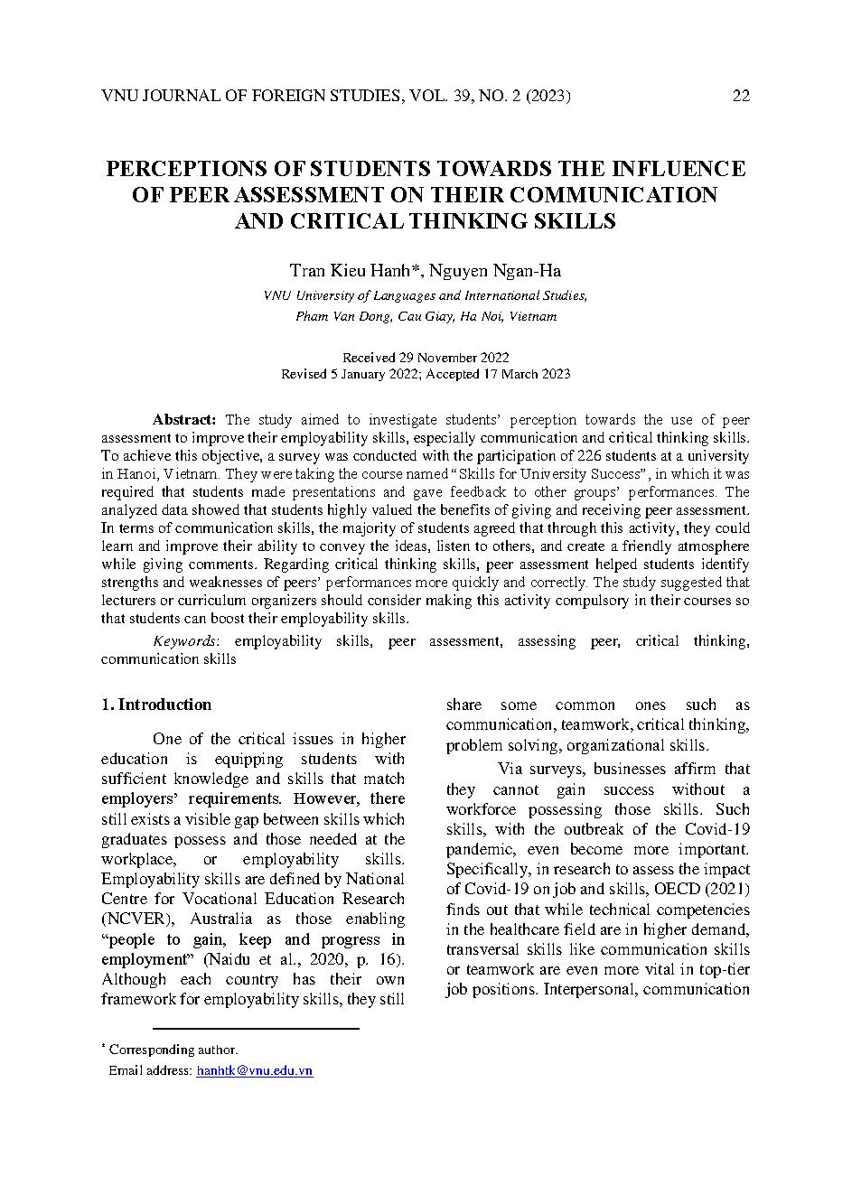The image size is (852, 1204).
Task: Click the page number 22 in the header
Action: coord(740,97)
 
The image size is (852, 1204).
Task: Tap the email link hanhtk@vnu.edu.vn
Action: coord(254,1070)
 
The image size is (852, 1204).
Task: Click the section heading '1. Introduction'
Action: coord(156,705)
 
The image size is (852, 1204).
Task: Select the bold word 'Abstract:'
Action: coord(184,419)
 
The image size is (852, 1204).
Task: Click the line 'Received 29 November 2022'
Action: coord(426,357)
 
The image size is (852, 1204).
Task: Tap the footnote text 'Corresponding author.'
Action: coord(173,1050)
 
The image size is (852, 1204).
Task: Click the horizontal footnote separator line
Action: coord(257,1028)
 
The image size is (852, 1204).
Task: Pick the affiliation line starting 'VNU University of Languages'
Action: coord(426,295)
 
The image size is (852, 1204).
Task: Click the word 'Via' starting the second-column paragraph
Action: coord(510,769)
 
